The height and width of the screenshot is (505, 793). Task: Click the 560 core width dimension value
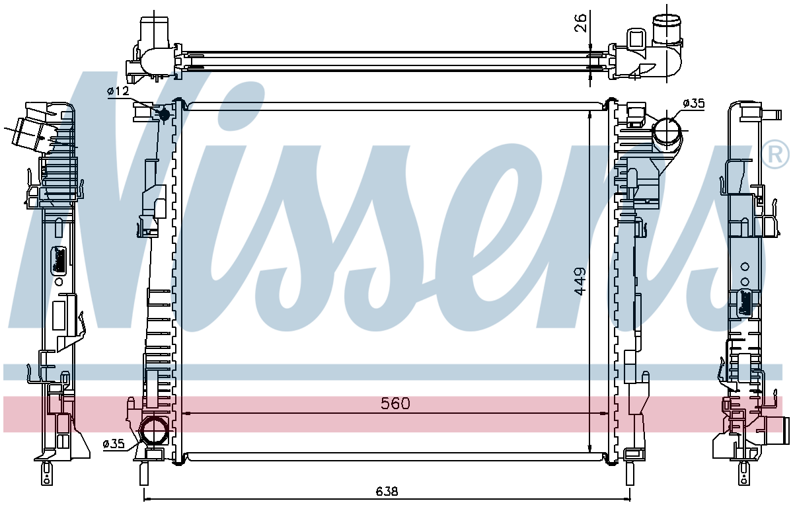395,403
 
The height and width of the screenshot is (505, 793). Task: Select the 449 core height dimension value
580,281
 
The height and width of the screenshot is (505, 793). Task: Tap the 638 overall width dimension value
387,491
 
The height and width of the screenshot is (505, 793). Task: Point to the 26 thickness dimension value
580,22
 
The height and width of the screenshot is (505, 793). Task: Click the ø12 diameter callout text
118,91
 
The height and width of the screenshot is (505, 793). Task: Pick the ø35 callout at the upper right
694,103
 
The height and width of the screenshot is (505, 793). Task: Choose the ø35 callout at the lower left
114,444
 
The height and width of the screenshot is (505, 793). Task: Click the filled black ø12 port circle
165,114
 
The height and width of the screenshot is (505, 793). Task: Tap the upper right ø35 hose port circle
667,130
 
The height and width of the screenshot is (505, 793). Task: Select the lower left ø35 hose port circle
154,430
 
